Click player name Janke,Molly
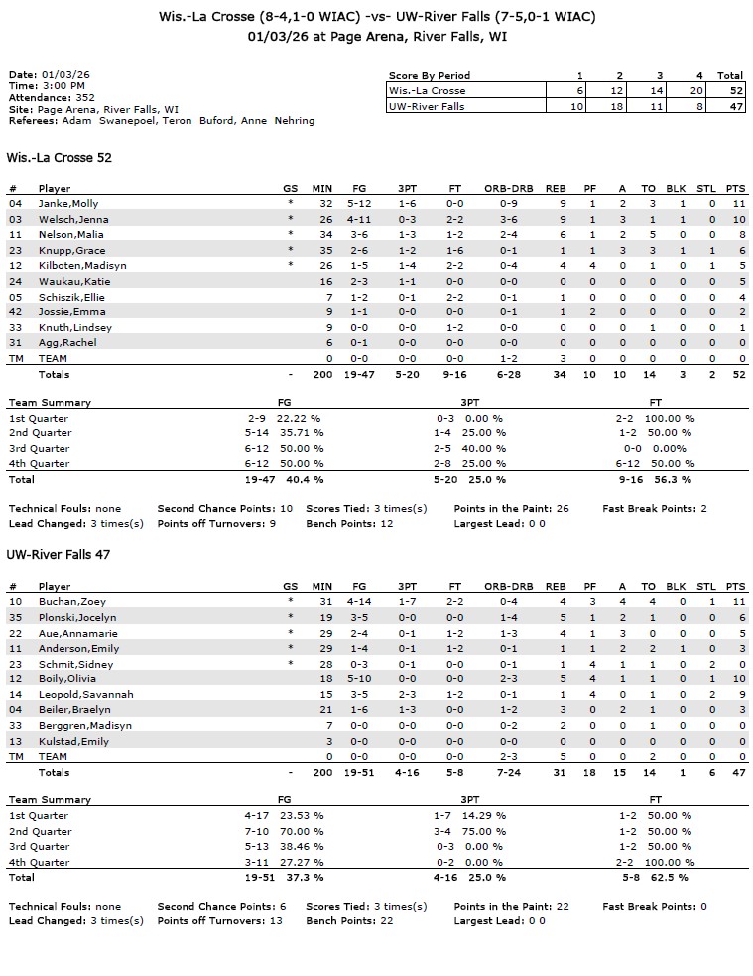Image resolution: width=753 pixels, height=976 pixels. (x=68, y=203)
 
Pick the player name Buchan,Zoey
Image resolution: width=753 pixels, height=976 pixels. (x=72, y=601)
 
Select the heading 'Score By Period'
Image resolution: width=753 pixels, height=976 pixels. (x=430, y=75)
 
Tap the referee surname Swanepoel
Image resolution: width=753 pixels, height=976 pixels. (x=126, y=121)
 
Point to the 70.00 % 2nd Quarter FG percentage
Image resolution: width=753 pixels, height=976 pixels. (x=305, y=831)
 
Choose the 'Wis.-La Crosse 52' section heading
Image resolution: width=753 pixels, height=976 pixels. (x=52, y=157)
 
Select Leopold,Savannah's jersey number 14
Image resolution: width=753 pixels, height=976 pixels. (x=15, y=694)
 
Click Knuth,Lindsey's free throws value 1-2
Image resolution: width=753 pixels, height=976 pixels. (x=454, y=327)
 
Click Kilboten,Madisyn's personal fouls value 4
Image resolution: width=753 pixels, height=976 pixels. (x=590, y=265)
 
